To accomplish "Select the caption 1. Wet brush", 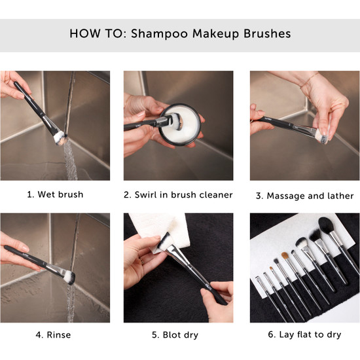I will [55, 194].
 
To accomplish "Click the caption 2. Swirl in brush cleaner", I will [179, 194].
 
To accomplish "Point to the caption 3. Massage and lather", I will [305, 194].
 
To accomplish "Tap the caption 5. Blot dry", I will [179, 335].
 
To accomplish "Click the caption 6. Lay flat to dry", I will [305, 335].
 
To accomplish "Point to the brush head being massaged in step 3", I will [321, 135].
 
